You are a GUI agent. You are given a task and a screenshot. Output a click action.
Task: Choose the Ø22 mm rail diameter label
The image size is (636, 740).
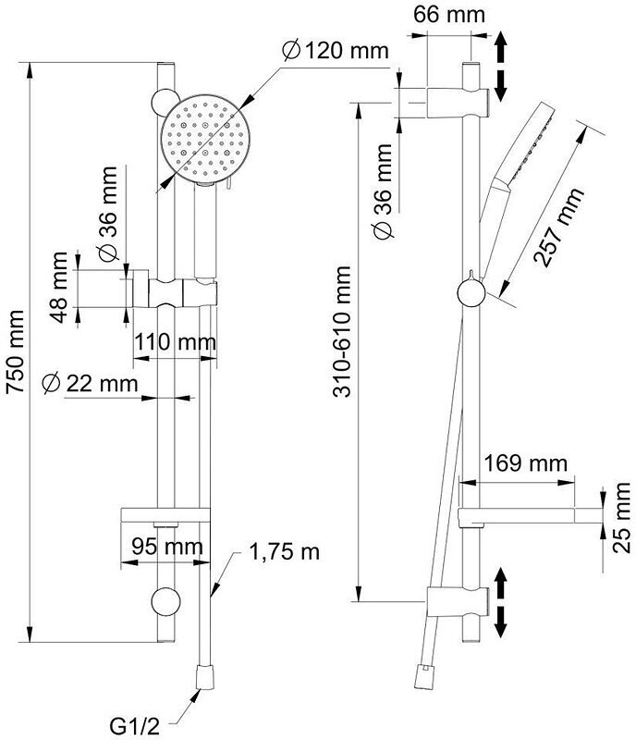(91, 382)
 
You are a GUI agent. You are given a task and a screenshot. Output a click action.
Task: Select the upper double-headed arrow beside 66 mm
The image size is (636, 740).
(501, 67)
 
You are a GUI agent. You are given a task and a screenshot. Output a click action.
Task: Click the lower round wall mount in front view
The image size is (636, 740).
(166, 601)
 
